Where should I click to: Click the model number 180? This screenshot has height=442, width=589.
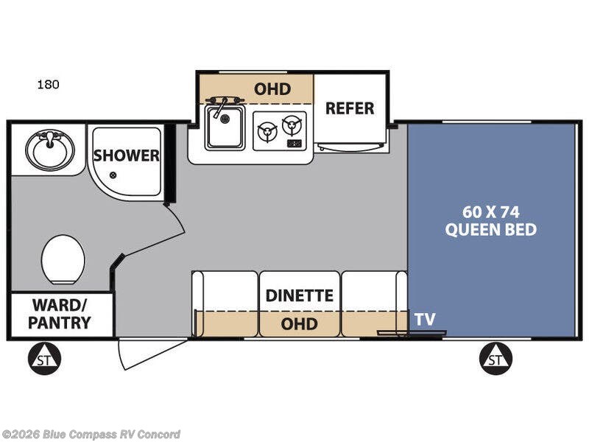click(49, 85)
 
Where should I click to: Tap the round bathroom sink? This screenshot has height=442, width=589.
click(49, 150)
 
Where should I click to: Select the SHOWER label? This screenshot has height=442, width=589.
click(126, 155)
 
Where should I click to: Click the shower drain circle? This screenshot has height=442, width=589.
click(113, 175)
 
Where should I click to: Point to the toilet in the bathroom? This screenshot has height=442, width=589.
click(63, 259)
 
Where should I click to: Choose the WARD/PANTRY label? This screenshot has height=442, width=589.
click(61, 314)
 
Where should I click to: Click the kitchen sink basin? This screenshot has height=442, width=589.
click(225, 126)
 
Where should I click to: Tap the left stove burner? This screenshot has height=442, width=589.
click(265, 132)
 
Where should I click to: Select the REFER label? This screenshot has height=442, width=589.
click(350, 108)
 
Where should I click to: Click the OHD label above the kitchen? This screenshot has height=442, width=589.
click(272, 89)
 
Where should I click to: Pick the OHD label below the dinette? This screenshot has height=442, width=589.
click(300, 324)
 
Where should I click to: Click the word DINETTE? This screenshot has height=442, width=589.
click(300, 296)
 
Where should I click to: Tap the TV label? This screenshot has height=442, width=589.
click(424, 320)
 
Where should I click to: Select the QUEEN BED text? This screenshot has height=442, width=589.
click(490, 230)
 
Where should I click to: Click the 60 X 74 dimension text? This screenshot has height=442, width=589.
click(490, 211)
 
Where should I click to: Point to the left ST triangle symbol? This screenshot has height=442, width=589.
click(45, 359)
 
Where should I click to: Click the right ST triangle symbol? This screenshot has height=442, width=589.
click(495, 359)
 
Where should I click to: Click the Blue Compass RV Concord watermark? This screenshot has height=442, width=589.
click(91, 434)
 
